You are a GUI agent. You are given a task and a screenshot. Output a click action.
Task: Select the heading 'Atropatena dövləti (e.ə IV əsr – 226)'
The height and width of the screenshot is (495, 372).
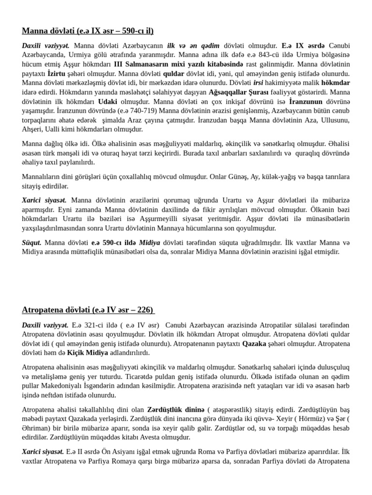(88, 309)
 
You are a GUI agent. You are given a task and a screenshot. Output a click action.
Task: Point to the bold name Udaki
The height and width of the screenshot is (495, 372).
(108, 101)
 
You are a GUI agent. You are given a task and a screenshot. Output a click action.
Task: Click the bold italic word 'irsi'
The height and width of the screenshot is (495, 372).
(259, 83)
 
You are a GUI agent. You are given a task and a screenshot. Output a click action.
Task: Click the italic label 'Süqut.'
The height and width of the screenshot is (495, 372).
(31, 243)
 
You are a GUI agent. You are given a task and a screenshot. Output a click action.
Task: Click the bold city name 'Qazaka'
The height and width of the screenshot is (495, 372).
(254, 344)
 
